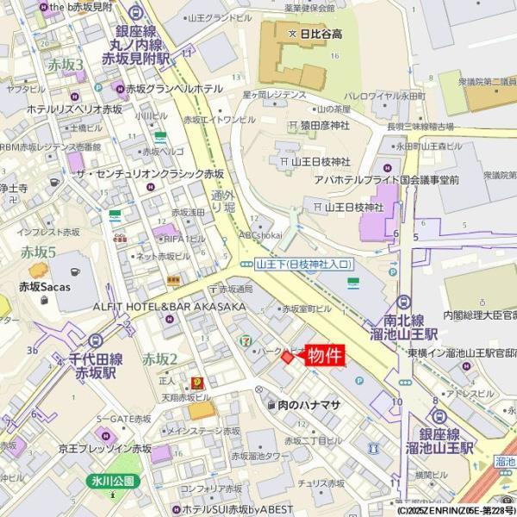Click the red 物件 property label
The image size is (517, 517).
pyautogui.click(x=326, y=356)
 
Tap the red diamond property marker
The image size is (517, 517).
pyautogui.click(x=288, y=357)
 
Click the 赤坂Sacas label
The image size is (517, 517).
pyautogui.click(x=45, y=287)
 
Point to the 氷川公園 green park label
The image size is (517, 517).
pyautogui.click(x=112, y=481)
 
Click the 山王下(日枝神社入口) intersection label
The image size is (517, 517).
pyautogui.click(x=296, y=264)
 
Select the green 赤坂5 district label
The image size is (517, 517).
pyautogui.click(x=38, y=252)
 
